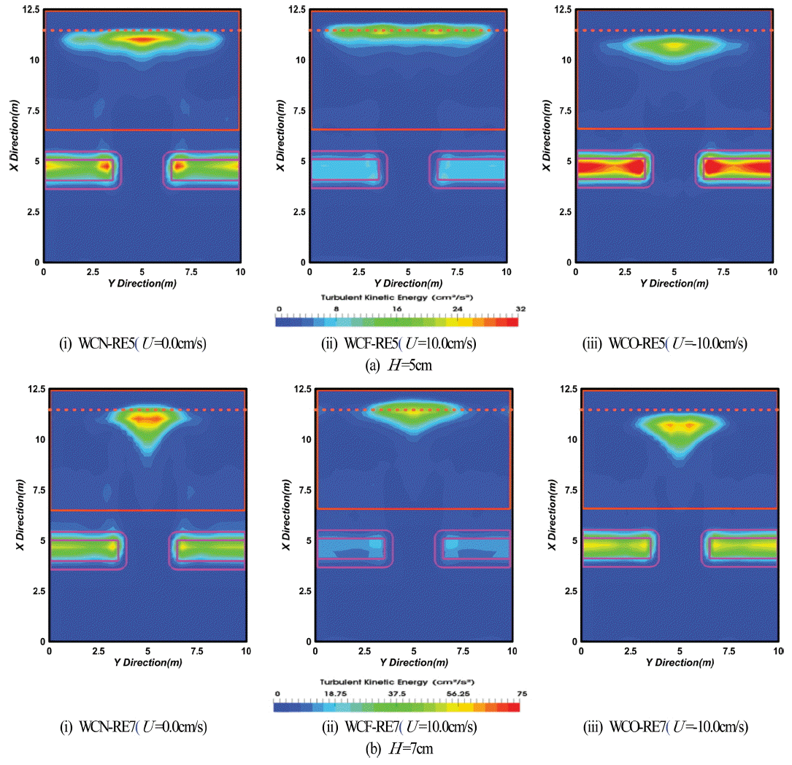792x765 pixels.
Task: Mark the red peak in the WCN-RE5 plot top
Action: pos(143,39)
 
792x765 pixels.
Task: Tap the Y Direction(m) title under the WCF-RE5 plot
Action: pos(408,283)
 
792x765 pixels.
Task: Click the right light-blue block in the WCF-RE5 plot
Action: pos(471,169)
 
